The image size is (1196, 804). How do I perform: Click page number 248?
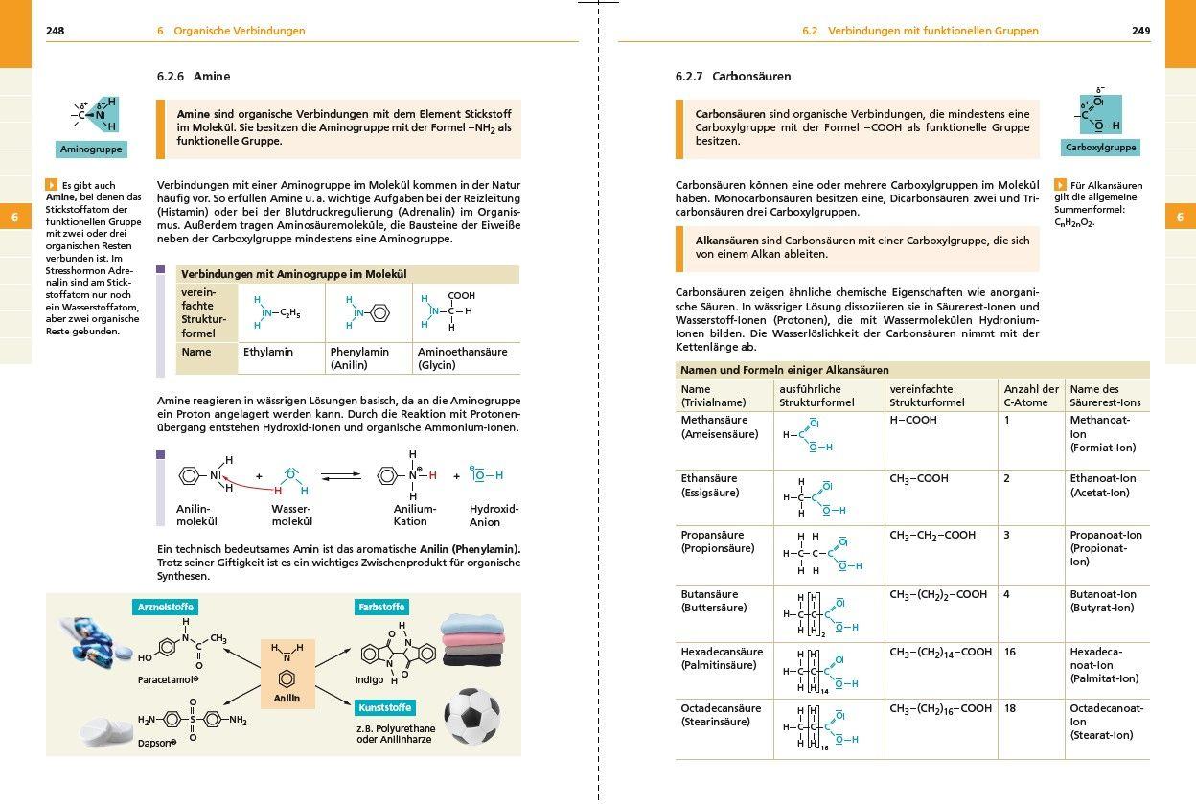coord(56,31)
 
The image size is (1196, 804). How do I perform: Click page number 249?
coord(1140,31)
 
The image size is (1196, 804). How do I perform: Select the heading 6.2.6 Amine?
coord(194,77)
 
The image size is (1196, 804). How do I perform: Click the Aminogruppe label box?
coord(92,149)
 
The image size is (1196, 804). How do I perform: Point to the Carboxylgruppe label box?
coord(1101,148)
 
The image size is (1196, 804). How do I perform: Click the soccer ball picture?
coord(472,715)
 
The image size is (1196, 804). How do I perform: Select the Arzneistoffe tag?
coord(166,607)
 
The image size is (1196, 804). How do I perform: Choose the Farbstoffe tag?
coord(381,607)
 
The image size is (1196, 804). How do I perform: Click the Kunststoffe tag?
coord(384,707)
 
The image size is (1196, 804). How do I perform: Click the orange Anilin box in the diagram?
coord(287,674)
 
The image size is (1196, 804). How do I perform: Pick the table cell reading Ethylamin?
coord(268,352)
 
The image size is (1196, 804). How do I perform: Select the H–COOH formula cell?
coord(913,420)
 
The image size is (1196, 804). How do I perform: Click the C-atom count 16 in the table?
coord(1010,652)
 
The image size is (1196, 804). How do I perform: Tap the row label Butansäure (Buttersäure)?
coord(714,601)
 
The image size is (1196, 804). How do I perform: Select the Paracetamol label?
coord(168,678)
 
